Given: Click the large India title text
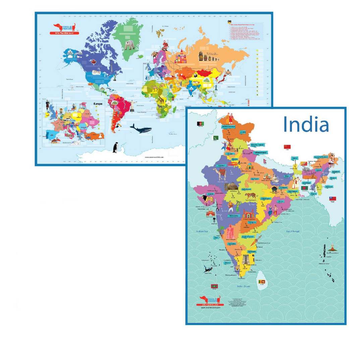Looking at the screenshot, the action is pyautogui.click(x=306, y=124).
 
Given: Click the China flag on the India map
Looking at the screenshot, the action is pyautogui.click(x=287, y=146).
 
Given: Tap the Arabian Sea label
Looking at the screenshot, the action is pyautogui.click(x=203, y=231).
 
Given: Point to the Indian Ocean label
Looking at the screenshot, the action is pyautogui.click(x=244, y=286).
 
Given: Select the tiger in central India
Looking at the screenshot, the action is pyautogui.click(x=249, y=197).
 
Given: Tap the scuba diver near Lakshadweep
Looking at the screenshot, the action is pyautogui.click(x=208, y=268).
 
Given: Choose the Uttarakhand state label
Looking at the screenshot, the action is pyautogui.click(x=262, y=152).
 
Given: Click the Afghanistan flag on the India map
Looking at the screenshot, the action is pyautogui.click(x=200, y=124).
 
